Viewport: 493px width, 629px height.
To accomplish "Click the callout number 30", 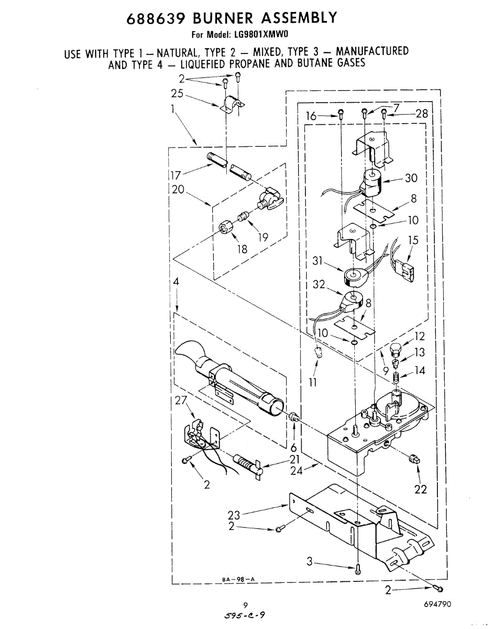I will pyautogui.click(x=411, y=178).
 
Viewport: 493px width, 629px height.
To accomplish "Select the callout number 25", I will pyautogui.click(x=177, y=94).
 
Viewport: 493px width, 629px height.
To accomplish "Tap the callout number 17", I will pyautogui.click(x=175, y=174).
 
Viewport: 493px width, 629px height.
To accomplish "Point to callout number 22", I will pyautogui.click(x=420, y=490).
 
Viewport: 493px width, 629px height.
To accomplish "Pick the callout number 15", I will pyautogui.click(x=414, y=241).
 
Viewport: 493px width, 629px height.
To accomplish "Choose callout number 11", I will pyautogui.click(x=313, y=383).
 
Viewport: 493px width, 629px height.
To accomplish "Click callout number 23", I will pyautogui.click(x=234, y=515).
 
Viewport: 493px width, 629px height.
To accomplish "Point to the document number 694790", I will pyautogui.click(x=437, y=604).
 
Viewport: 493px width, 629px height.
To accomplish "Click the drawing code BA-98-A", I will pyautogui.click(x=237, y=579).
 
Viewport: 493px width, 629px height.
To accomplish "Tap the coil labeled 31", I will pyautogui.click(x=353, y=276).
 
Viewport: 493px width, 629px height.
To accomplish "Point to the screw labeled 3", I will pyautogui.click(x=357, y=568).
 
